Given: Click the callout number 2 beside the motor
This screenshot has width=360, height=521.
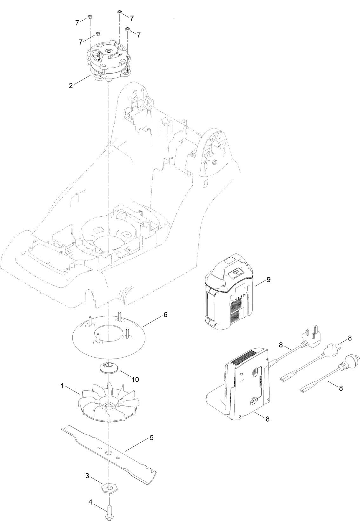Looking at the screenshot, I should coord(71,86).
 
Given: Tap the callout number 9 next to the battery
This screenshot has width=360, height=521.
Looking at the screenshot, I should coord(268,279).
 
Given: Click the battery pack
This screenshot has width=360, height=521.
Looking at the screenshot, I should coord(229,292).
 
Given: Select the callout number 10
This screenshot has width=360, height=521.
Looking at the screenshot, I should coord(135,379).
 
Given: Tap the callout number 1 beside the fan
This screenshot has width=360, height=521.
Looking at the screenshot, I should coord(62,386).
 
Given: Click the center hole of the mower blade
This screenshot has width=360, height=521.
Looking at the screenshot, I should coord(109,452).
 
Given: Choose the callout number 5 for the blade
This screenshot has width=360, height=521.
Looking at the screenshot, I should coord(151,438).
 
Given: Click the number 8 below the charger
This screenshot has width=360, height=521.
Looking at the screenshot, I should coord(267,419).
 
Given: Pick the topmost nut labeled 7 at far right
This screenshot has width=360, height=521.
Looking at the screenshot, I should coord(120,12).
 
